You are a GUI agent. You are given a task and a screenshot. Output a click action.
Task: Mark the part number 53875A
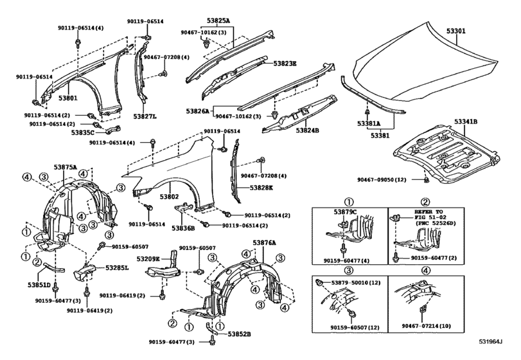pyautogui.click(x=66, y=167)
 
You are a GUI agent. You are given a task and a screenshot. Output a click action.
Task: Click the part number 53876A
pyautogui.click(x=264, y=242)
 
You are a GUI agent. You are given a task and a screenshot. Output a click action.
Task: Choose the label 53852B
pyautogui.click(x=238, y=334)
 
